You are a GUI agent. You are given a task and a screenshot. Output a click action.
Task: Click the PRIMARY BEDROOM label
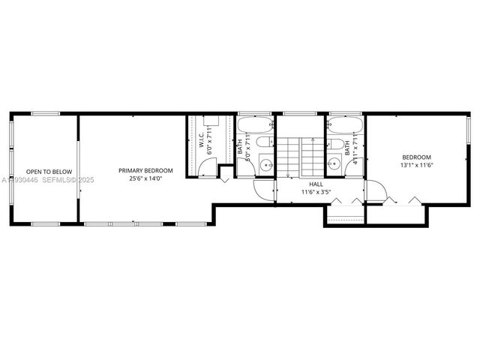(x=145, y=170)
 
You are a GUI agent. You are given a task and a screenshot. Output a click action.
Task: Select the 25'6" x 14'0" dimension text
(x=145, y=178)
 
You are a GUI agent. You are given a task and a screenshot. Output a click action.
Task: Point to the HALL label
(x=316, y=183)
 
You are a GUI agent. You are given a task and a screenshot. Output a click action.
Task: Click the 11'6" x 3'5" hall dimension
(x=316, y=192)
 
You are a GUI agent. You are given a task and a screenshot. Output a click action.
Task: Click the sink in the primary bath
(x=266, y=165)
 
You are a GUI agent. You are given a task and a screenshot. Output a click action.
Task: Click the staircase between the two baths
(x=300, y=154)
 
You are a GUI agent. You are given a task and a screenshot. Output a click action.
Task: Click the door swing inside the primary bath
(x=265, y=187)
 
